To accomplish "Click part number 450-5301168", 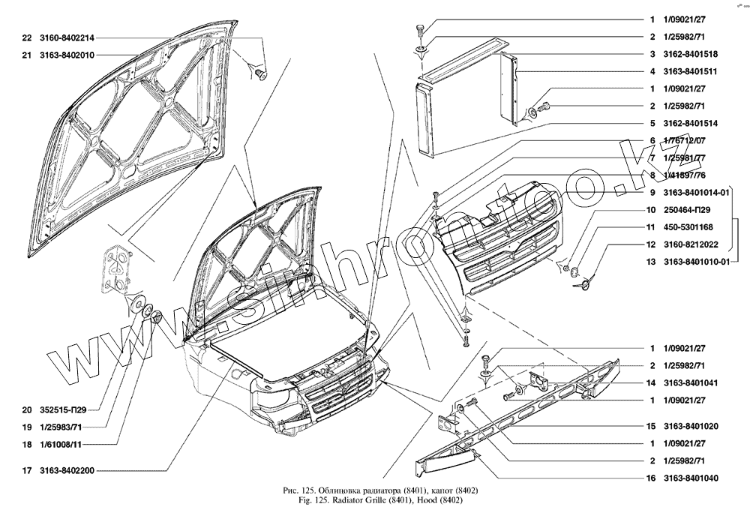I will [688, 226].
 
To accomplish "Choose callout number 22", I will [27, 37].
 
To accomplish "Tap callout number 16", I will [653, 478].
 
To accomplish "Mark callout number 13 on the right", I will [653, 261].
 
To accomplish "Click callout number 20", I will [27, 409].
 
